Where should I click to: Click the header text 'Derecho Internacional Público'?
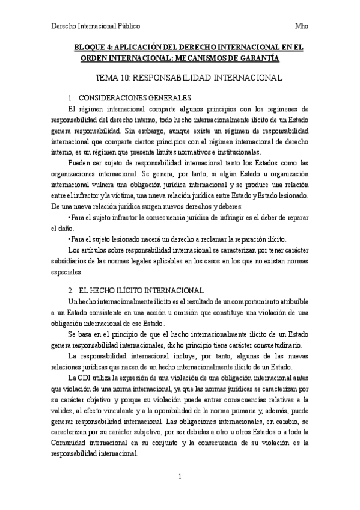96,26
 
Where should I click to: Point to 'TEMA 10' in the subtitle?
112,78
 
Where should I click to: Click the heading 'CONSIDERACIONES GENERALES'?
135,97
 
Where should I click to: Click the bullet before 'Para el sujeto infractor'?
70,218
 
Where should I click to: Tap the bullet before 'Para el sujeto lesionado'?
70,239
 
